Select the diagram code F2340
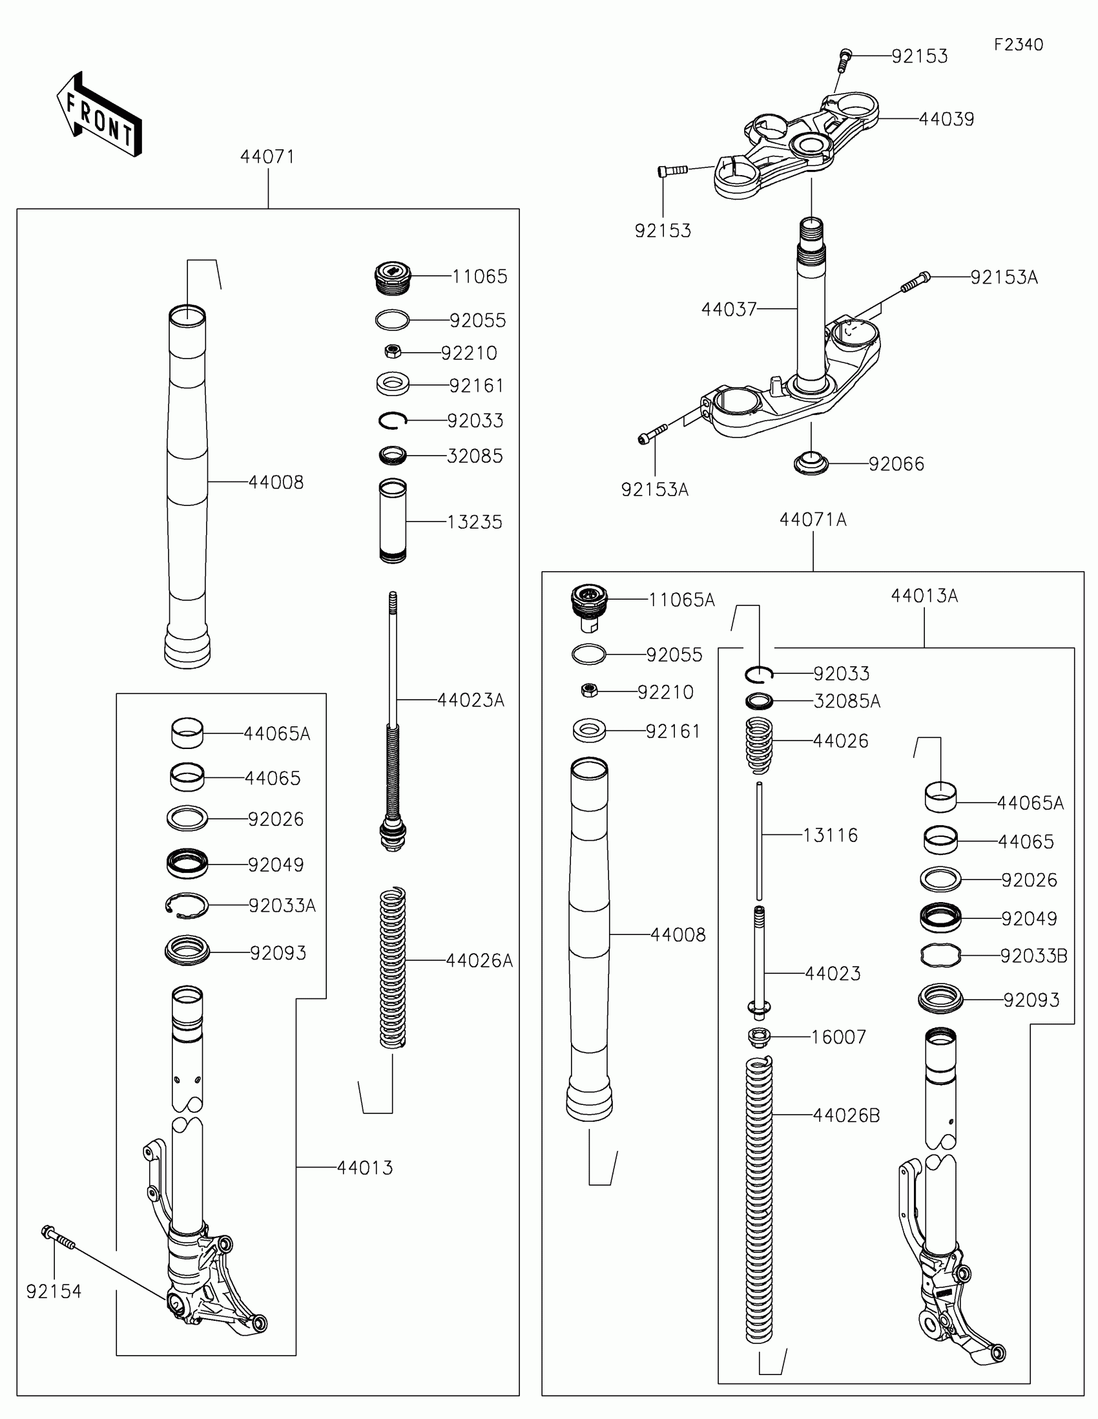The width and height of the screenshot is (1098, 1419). point(1018,45)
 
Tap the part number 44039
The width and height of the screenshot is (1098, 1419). point(946,120)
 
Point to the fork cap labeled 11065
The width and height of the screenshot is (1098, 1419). point(393,277)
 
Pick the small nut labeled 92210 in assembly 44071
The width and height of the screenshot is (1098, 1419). point(393,352)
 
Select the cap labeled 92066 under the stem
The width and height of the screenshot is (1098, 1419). point(811,464)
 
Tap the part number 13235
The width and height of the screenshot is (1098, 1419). point(475,522)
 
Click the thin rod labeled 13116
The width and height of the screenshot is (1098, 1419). point(759,841)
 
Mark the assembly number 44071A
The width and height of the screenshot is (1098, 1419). point(813,520)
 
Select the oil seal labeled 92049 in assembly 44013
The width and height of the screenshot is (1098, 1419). point(187,865)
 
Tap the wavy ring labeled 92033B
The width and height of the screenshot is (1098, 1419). point(940,956)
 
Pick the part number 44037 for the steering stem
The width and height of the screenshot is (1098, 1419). point(729,310)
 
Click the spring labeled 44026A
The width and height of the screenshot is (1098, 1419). point(392,967)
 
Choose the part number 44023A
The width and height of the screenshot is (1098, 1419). point(470,700)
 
